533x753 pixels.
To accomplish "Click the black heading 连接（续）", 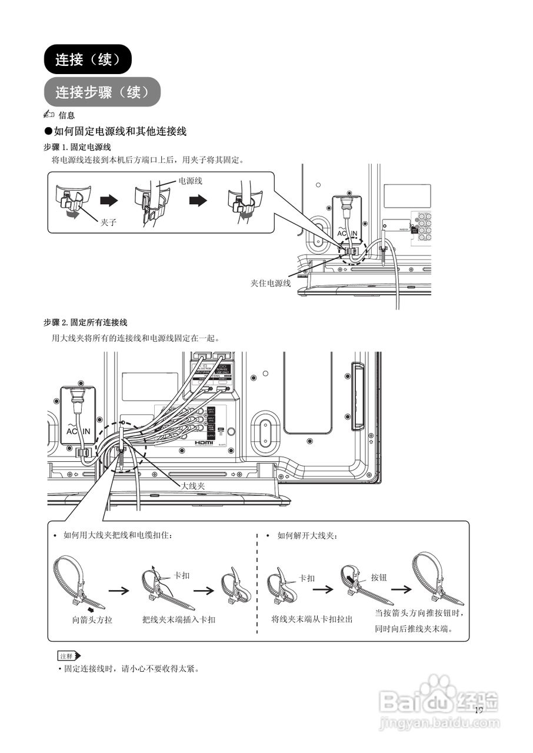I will (x=88, y=59).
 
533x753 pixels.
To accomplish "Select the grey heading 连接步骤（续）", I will (x=101, y=92).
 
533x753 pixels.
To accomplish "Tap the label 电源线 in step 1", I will (x=190, y=181).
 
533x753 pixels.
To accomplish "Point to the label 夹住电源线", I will (x=271, y=283).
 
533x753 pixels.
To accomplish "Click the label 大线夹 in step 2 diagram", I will (x=192, y=486).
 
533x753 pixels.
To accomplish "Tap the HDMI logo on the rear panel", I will (x=204, y=442).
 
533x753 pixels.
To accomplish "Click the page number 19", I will (x=478, y=710).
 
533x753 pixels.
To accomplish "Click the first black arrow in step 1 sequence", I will (x=109, y=201).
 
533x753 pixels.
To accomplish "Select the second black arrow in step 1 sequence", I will (x=199, y=201).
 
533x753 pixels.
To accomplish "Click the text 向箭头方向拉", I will (x=92, y=620).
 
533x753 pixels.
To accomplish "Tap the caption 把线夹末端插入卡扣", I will (x=179, y=620).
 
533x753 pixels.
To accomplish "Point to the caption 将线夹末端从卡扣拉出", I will (x=312, y=619).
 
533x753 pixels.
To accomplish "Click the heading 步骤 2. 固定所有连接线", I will (x=86, y=323).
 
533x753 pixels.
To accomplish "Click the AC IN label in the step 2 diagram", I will (x=78, y=431).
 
